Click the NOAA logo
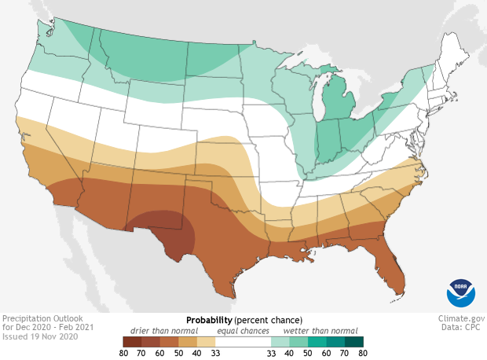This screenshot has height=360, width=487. click(x=460, y=291)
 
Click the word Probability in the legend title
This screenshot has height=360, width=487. click(x=208, y=321)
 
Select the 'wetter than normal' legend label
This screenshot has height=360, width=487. click(x=320, y=331)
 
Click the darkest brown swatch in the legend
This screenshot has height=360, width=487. click(x=131, y=341)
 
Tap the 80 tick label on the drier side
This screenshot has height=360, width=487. click(x=123, y=353)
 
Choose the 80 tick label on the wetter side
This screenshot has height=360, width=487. click(x=363, y=353)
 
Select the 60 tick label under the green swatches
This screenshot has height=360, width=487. click(x=326, y=353)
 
